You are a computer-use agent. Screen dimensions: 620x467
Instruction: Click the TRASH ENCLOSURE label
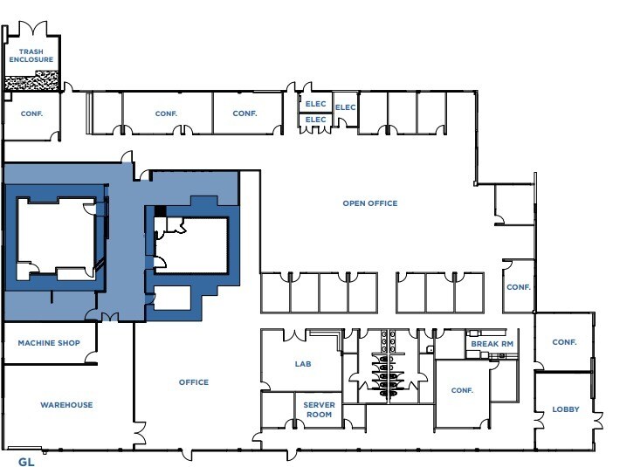[31, 56]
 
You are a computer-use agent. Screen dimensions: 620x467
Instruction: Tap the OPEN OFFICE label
[370, 203]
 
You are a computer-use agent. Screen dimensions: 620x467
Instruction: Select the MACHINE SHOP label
[49, 343]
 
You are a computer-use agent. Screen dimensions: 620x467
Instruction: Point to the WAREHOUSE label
[66, 405]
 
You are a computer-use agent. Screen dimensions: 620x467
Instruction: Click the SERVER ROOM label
[319, 409]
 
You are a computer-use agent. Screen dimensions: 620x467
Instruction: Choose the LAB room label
[303, 364]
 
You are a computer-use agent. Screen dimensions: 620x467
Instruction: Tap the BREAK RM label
[493, 344]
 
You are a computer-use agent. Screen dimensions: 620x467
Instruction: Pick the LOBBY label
[566, 409]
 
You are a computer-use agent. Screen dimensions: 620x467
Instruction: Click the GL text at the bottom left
[26, 462]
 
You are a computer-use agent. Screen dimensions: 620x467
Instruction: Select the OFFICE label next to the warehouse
[194, 382]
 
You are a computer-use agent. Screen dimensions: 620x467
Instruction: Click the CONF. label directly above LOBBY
[564, 342]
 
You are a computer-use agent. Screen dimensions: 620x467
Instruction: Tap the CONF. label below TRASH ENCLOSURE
[31, 113]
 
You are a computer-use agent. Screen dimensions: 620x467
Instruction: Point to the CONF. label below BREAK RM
[462, 390]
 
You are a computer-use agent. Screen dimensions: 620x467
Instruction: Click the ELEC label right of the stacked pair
[345, 107]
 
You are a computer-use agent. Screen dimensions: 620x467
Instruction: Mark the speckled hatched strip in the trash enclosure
[31, 81]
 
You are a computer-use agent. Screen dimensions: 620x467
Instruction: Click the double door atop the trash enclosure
[33, 28]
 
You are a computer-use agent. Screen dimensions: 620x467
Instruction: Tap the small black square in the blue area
[160, 211]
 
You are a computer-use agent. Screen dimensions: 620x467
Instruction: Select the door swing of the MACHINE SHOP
[92, 357]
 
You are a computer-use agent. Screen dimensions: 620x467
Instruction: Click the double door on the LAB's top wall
[294, 335]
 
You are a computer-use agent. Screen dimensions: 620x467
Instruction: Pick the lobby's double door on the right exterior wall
[598, 421]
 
